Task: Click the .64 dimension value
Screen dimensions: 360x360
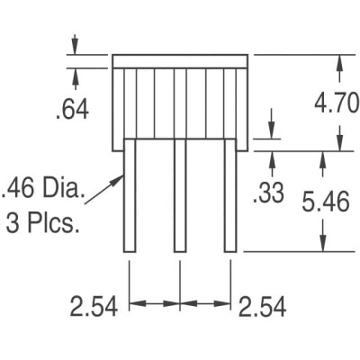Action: point(72,110)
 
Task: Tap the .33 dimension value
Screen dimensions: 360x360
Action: point(270,193)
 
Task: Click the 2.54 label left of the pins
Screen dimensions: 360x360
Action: point(94,307)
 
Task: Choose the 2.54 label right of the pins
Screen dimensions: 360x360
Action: point(262,307)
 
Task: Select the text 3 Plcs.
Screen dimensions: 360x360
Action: point(42,221)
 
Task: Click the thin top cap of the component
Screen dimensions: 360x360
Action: point(180,61)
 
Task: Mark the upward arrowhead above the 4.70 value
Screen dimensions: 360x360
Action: point(339,61)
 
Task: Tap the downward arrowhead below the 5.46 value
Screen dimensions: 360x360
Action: point(322,246)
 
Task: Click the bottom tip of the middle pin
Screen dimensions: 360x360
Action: point(180,250)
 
